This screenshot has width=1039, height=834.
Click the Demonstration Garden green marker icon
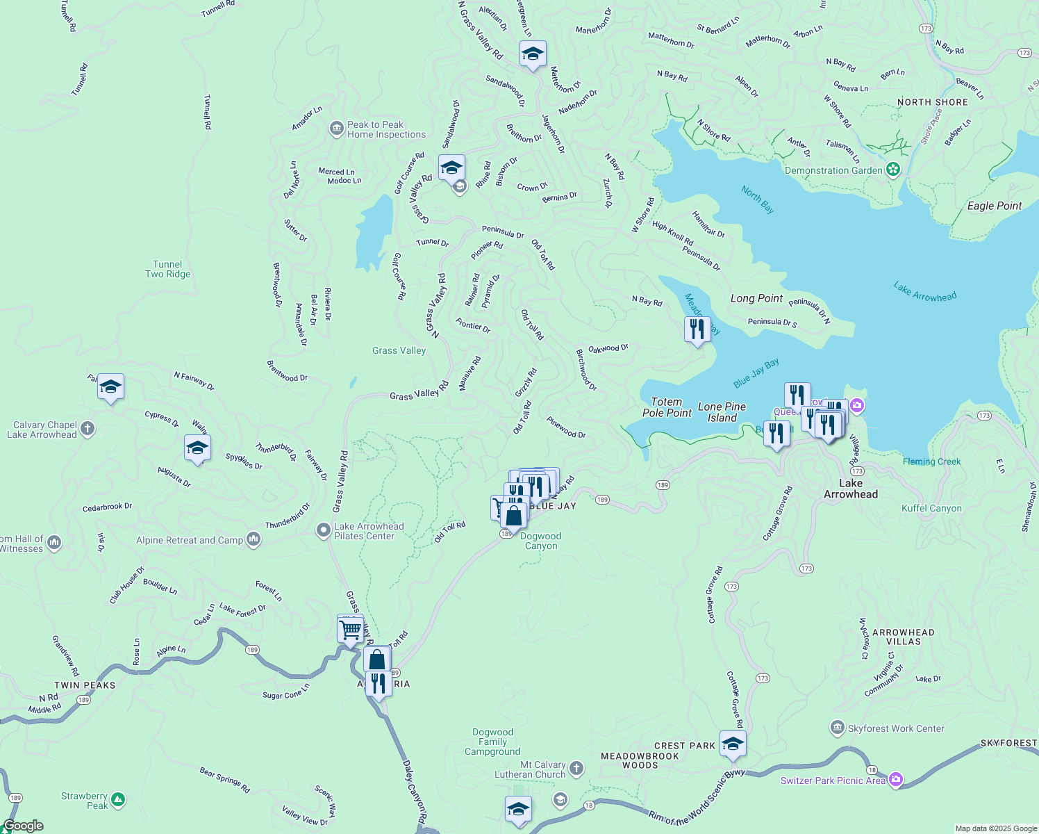[893, 170]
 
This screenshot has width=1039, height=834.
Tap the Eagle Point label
[994, 206]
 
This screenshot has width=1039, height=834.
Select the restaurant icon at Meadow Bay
[697, 328]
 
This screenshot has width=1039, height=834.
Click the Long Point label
[756, 298]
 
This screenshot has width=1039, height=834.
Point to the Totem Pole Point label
[666, 407]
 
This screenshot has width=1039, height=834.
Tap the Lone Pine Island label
[722, 412]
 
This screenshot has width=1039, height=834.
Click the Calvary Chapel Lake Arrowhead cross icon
[88, 428]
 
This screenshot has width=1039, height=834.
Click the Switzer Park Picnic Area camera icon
[896, 780]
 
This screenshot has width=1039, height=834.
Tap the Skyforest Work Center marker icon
[838, 728]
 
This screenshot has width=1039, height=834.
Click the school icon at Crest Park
[733, 744]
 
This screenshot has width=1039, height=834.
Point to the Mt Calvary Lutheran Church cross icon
[576, 769]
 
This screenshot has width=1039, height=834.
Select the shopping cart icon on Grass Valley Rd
[351, 630]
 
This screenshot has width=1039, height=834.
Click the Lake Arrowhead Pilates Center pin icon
[323, 531]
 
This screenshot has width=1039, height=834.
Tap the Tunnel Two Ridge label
[167, 269]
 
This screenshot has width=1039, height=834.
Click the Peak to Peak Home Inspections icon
[337, 129]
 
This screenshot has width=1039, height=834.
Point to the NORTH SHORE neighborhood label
[932, 102]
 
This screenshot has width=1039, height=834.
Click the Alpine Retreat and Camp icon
[253, 539]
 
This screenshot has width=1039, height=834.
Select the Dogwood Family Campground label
[492, 742]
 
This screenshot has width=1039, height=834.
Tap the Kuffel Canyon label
[931, 508]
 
